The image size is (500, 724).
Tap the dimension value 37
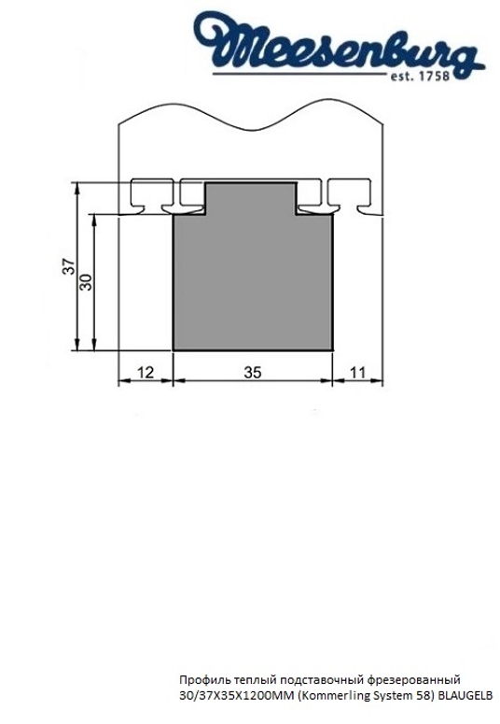coord(67,267)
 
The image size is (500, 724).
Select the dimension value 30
coord(86,281)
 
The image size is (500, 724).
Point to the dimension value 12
coord(145,372)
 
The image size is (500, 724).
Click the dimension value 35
coord(252,372)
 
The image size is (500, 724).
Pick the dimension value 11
coord(358,372)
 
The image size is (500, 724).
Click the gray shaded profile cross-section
coord(253,280)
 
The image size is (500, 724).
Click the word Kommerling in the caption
coord(329,696)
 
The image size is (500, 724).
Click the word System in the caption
coord(391,696)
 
